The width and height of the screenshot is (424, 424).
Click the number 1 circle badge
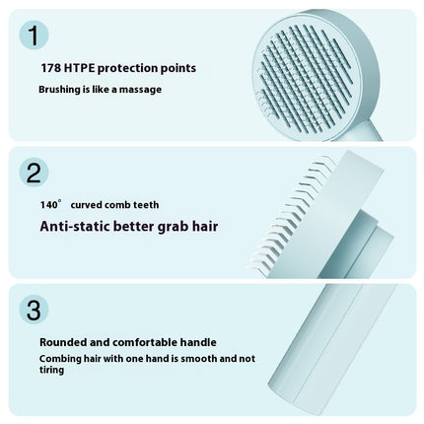tap(35, 35)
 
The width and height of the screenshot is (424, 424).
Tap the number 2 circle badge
tap(35, 173)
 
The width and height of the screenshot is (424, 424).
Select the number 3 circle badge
tap(35, 310)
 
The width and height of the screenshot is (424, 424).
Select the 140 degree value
tap(51, 204)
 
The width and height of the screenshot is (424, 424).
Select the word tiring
tap(53, 371)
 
